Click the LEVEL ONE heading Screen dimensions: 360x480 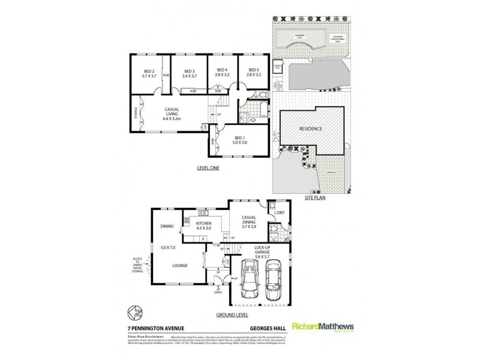[208, 168]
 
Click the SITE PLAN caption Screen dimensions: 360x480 [314, 197]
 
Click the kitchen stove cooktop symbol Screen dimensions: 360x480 [194, 220]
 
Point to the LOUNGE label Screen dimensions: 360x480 [179, 265]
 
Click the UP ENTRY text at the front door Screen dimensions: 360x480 [219, 290]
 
